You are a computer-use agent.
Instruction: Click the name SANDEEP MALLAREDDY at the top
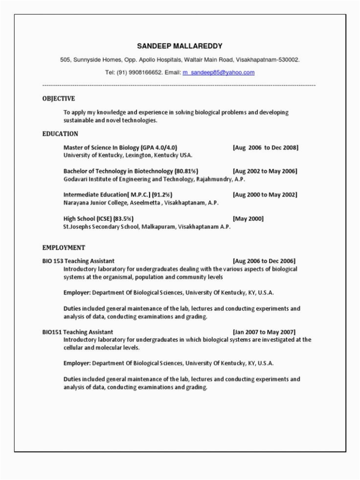tap(180, 46)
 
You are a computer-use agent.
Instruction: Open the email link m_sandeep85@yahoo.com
tap(218, 72)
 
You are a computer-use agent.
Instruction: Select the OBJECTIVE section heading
tap(59, 98)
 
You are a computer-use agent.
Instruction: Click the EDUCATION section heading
tap(60, 133)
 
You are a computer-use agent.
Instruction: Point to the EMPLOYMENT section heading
tap(64, 247)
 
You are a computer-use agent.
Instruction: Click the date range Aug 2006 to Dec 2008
tap(266, 147)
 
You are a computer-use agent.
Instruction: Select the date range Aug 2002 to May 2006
tap(265, 171)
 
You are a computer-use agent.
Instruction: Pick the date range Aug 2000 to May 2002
tap(265, 195)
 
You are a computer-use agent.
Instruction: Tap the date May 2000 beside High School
tap(248, 218)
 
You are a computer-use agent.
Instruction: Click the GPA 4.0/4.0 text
tap(159, 147)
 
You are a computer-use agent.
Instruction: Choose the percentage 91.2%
tap(162, 195)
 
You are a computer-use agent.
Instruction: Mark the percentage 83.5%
tap(124, 218)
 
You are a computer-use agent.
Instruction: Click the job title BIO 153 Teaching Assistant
tap(78, 261)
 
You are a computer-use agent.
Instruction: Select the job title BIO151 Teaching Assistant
tap(77, 332)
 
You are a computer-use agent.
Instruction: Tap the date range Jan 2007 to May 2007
tap(264, 332)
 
